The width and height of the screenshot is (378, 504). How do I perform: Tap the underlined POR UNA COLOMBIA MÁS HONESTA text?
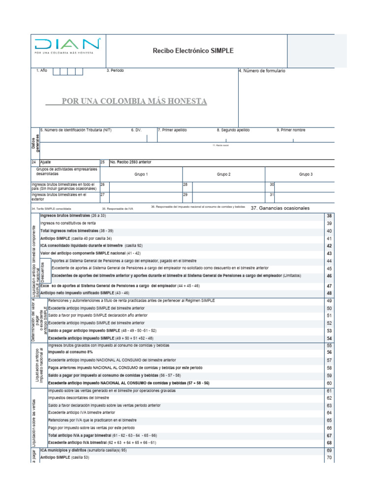pyautogui.click(x=134, y=101)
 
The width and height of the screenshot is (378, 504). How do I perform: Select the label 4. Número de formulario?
pyautogui.click(x=262, y=71)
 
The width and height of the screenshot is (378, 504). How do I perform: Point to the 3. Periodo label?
pyautogui.click(x=115, y=71)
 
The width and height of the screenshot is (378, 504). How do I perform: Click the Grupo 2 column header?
pyautogui.click(x=223, y=174)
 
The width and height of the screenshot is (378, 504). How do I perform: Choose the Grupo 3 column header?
pyautogui.click(x=306, y=174)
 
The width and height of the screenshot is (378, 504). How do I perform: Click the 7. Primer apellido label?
pyautogui.click(x=172, y=130)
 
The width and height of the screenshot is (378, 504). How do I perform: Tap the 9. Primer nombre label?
pyautogui.click(x=291, y=130)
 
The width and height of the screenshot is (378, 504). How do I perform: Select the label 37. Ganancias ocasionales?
pyautogui.click(x=280, y=208)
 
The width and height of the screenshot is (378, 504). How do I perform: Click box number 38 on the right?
pyautogui.click(x=329, y=216)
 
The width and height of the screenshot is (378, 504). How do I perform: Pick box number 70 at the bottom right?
pyautogui.click(x=329, y=458)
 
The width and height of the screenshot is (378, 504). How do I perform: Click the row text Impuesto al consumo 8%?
pyautogui.click(x=70, y=366)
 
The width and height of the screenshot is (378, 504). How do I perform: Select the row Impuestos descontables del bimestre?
pyautogui.click(x=79, y=398)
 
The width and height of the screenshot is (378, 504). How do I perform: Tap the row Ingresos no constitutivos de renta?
pyautogui.click(x=68, y=223)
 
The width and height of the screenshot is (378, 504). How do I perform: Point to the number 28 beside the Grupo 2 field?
pyautogui.click(x=186, y=184)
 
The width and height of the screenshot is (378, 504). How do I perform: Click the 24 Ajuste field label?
pyautogui.click(x=41, y=162)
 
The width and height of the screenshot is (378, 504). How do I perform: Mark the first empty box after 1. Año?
pyautogui.click(x=57, y=71)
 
